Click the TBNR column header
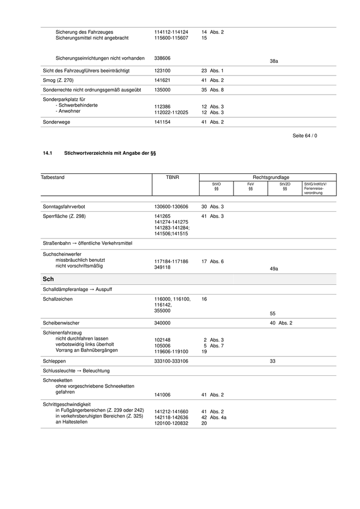173,177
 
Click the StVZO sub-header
285,186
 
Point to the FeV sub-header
250,186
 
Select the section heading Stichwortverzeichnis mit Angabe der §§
110,153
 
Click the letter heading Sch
48,279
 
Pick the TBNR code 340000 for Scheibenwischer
163,323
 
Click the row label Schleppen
54,361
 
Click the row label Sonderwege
57,122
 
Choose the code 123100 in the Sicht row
163,70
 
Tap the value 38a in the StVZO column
274,61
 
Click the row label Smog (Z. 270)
58,80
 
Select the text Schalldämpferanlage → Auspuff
78,289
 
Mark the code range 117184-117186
171,262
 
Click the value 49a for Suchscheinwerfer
274,268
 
